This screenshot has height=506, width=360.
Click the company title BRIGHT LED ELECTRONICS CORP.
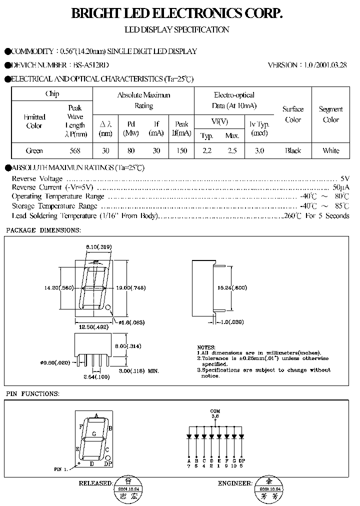[177, 14]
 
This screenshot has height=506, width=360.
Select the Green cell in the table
[34, 150]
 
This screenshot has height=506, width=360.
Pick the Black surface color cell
[293, 150]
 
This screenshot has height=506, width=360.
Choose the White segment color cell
[330, 150]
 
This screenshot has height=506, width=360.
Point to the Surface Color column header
[293, 114]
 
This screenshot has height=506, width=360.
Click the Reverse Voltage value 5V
[344, 178]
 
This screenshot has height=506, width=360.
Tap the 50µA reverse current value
[340, 187]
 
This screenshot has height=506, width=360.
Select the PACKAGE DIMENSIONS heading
[43, 230]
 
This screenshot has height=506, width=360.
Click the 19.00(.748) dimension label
[131, 287]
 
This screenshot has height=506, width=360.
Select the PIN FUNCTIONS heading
[33, 394]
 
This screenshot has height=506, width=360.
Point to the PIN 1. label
[61, 469]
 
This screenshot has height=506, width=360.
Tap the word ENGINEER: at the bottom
[235, 483]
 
